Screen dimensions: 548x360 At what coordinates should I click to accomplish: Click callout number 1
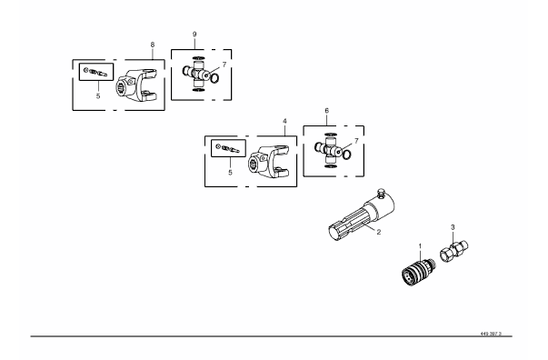(420, 246)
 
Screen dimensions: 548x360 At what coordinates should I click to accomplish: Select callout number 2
(379, 232)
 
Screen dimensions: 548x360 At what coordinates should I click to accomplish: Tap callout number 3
(453, 227)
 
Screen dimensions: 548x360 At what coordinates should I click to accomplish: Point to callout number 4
(284, 121)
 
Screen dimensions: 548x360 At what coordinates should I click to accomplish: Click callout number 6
(327, 110)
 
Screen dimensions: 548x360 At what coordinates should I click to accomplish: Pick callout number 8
(153, 45)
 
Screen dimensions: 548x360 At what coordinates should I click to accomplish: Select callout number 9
(194, 35)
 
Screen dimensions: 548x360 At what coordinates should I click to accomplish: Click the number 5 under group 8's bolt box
(98, 95)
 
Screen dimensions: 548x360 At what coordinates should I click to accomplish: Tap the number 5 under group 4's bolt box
(230, 173)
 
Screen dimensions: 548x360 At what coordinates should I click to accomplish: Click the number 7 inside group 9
(224, 65)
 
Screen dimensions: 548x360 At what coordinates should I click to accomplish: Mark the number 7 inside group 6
(356, 141)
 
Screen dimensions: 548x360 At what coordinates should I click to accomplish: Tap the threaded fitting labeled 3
(453, 251)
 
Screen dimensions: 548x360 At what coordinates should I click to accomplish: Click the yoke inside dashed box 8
(136, 86)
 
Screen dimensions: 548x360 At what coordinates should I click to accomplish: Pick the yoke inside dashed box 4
(268, 162)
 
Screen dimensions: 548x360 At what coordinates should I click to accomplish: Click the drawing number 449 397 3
(491, 334)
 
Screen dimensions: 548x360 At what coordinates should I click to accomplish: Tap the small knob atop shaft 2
(381, 193)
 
